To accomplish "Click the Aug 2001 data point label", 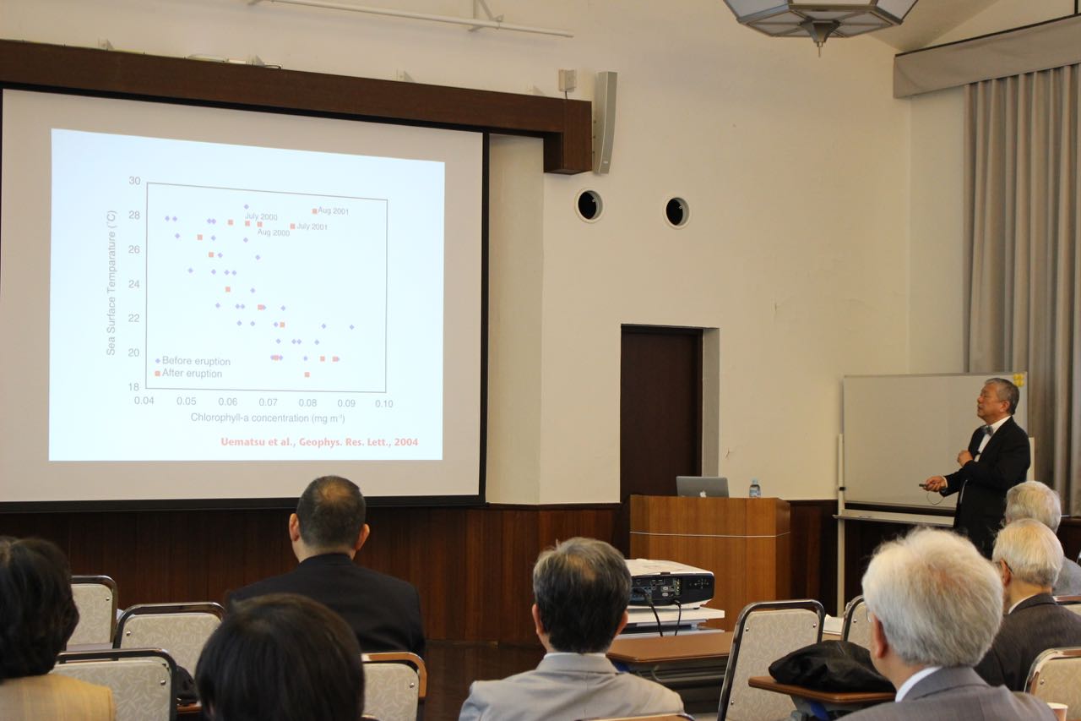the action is tap(333, 211).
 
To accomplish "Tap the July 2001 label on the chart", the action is tap(312, 227).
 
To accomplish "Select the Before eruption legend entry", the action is tap(196, 361).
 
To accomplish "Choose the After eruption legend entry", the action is tap(192, 374).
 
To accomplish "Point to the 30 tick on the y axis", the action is tap(134, 181).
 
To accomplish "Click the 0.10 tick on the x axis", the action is tap(384, 404).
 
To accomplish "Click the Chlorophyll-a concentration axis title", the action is tap(268, 418).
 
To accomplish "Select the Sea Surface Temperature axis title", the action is tap(111, 282).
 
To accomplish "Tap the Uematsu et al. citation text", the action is tap(319, 442).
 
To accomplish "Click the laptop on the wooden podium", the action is tap(702, 487).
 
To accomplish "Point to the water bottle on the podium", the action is tap(755, 489).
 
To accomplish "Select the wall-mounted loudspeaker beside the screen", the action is tap(606, 123).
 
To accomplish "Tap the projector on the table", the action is tap(670, 583).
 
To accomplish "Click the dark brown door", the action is tap(661, 412).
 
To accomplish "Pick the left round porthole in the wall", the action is tap(589, 205).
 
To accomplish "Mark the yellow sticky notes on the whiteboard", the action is tap(1019, 380).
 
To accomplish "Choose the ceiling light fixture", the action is tap(819, 19).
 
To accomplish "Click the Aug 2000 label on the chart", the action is tap(273, 232).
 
